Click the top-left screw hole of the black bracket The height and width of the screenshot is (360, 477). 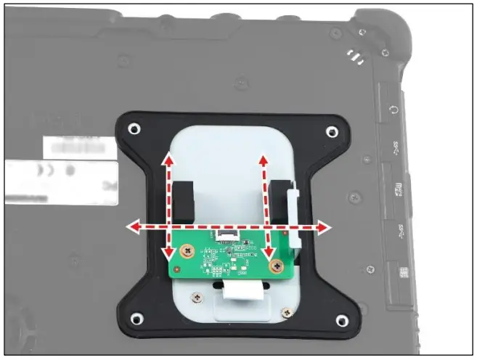click(x=134, y=130)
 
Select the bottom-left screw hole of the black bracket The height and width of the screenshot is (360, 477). click(x=134, y=318)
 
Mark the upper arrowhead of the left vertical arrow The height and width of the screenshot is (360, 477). click(x=168, y=158)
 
